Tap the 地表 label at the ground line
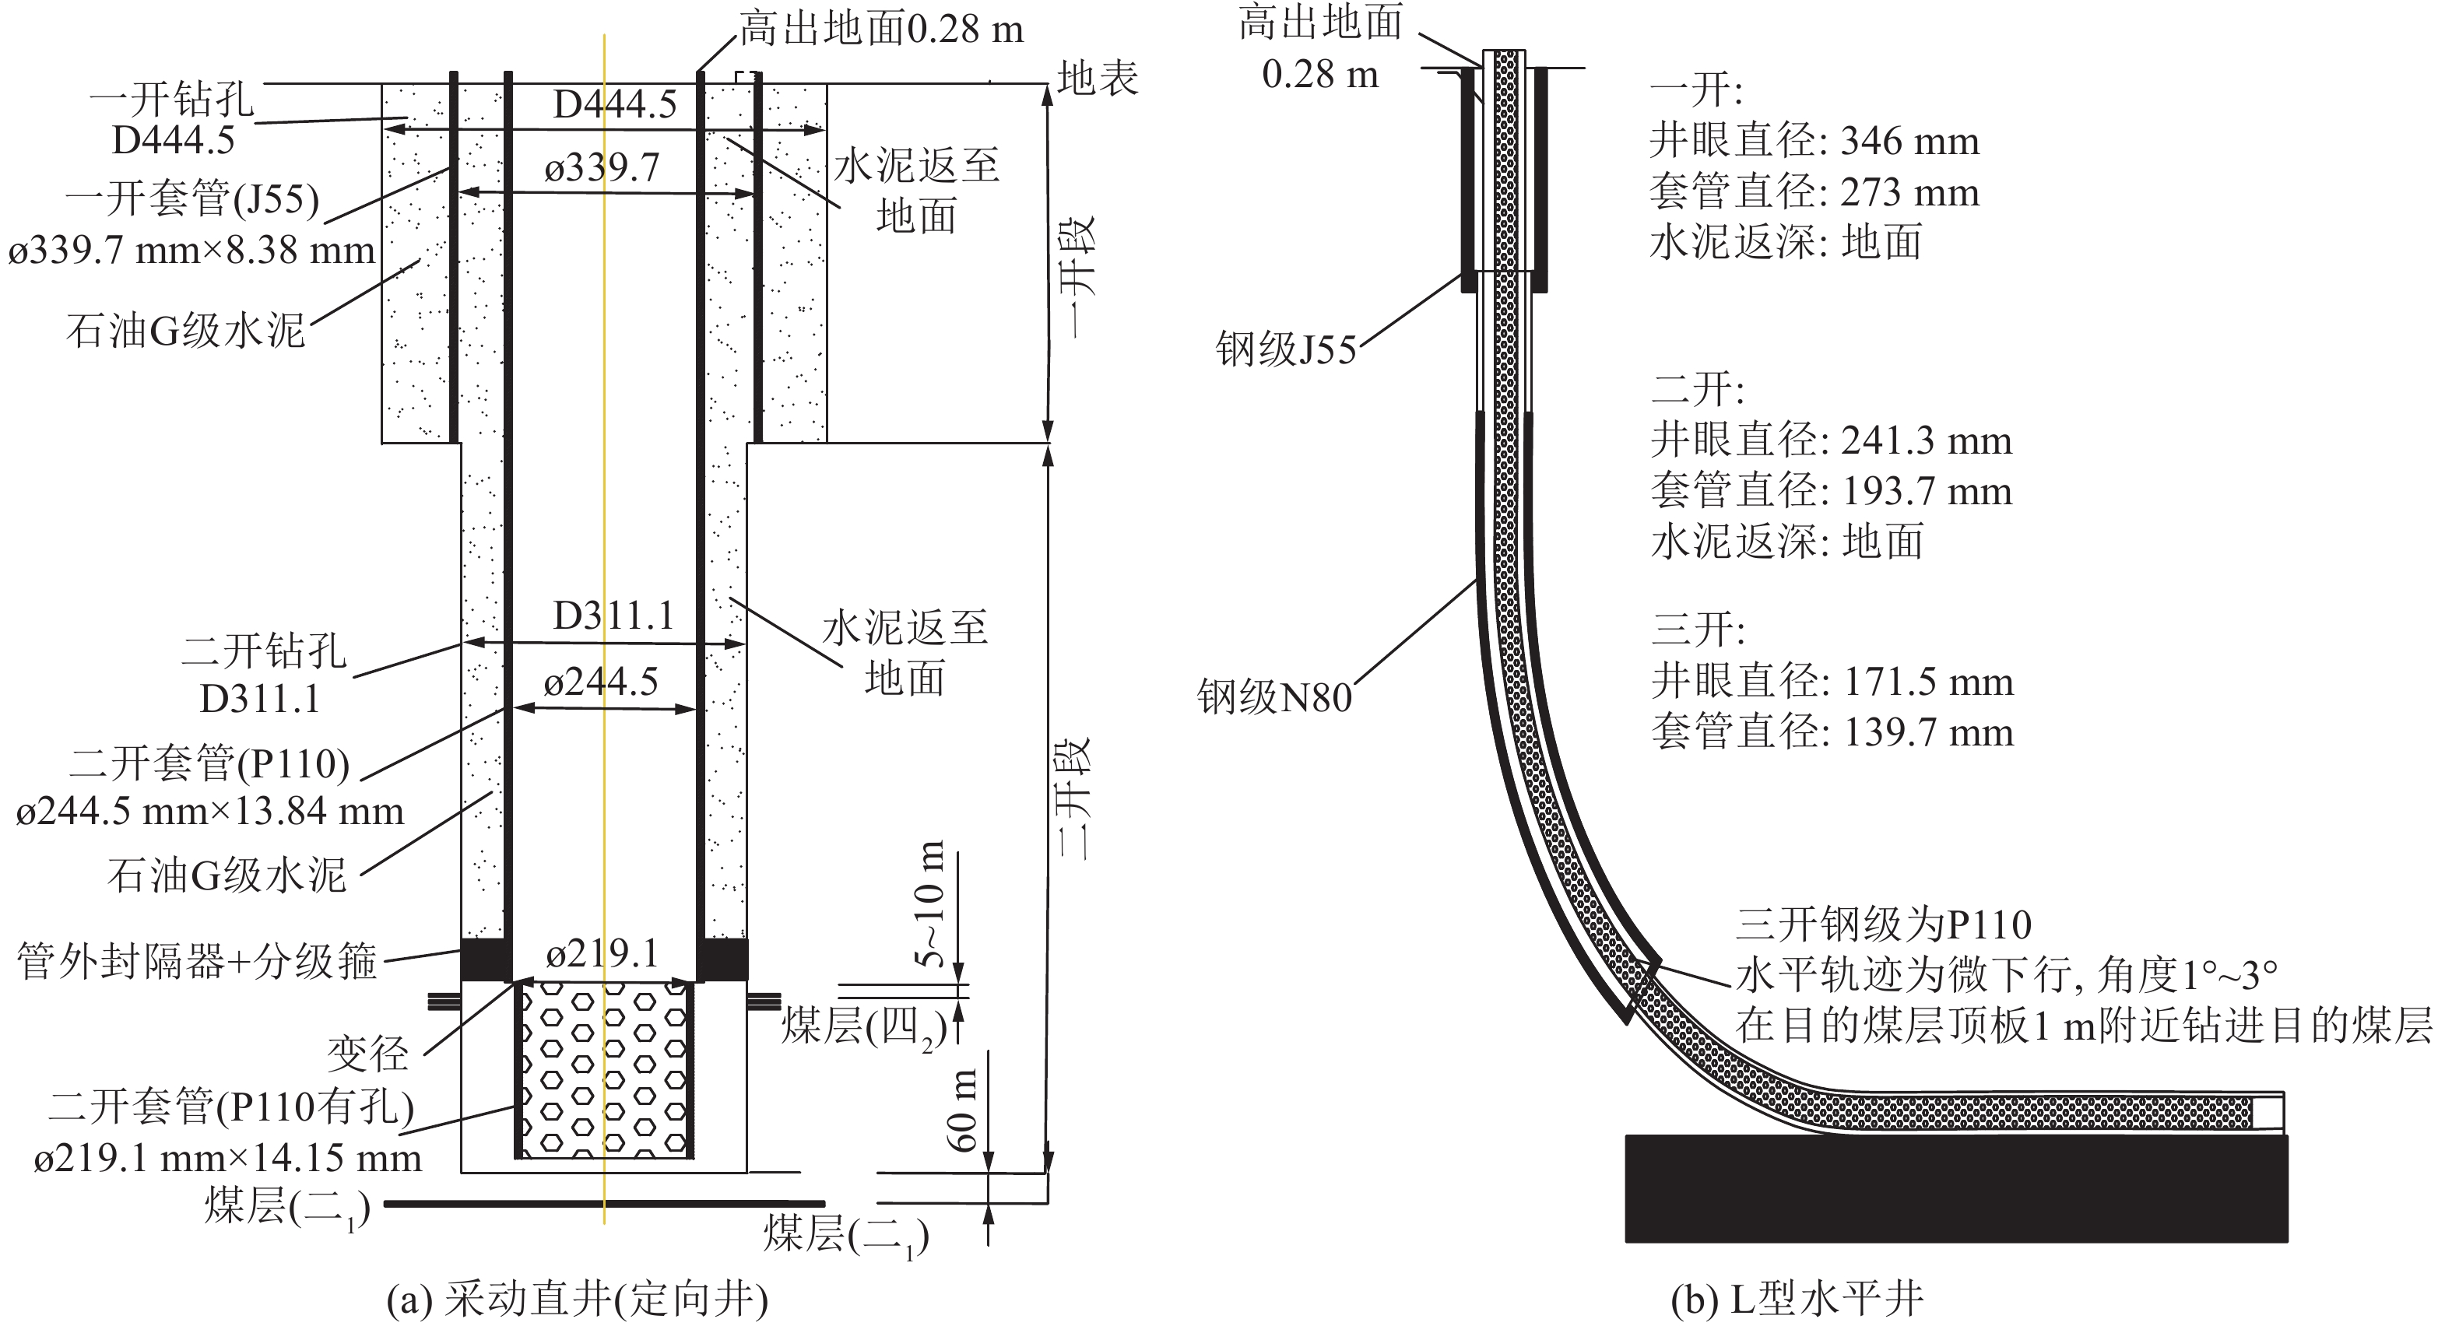click(1098, 78)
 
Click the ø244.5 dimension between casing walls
click(601, 682)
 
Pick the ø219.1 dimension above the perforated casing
click(602, 952)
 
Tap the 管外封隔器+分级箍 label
click(197, 961)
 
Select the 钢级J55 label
click(1286, 349)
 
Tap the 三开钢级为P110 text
click(1884, 924)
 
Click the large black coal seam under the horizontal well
click(1955, 1188)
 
